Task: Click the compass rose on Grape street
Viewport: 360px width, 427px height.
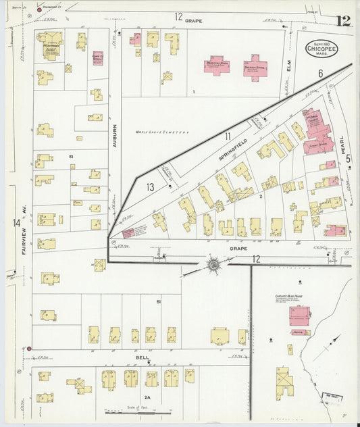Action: coord(213,266)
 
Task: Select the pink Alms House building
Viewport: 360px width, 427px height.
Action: coord(299,315)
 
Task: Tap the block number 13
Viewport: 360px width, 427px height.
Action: coord(150,186)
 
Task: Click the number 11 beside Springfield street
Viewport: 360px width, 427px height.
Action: coord(228,136)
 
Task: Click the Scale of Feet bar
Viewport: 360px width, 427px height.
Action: coord(138,412)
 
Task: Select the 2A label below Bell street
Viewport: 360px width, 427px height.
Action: coord(147,397)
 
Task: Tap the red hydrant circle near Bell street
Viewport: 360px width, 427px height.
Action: coord(29,349)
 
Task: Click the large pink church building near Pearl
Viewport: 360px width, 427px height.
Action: coord(317,132)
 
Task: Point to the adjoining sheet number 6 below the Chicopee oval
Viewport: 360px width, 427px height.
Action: coord(321,73)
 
